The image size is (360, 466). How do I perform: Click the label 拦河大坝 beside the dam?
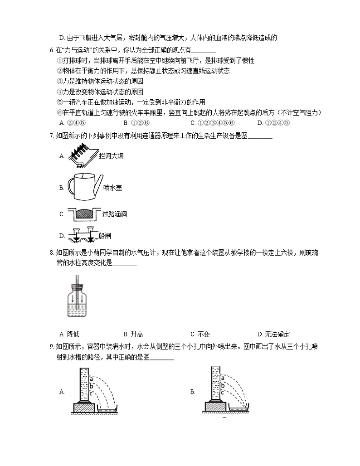(x=111, y=156)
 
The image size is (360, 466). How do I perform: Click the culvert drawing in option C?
(x=83, y=214)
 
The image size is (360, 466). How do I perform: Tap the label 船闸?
(x=105, y=236)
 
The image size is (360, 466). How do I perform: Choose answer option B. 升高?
(x=133, y=334)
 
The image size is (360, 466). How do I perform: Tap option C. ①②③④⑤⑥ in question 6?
(x=212, y=122)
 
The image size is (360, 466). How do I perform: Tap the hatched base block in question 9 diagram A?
(x=83, y=407)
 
